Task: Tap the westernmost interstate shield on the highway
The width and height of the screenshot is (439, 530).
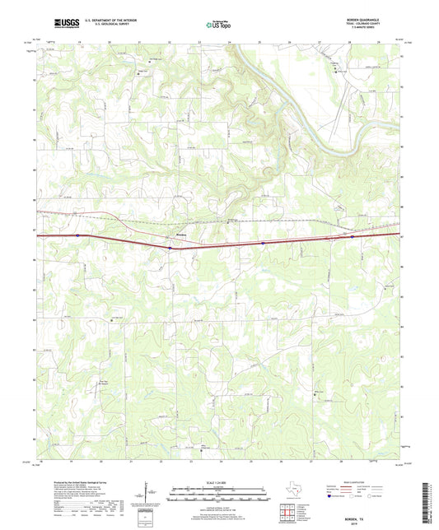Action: point(77,235)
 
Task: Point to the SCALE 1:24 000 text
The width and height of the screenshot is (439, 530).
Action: point(219,482)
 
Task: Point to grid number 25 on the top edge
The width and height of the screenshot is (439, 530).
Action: point(259,40)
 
